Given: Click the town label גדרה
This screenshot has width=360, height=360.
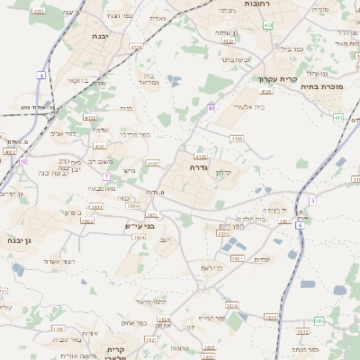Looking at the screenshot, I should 199,166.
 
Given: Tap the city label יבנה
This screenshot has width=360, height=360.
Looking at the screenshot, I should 100,36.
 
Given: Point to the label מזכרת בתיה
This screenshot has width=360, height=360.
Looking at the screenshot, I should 332,88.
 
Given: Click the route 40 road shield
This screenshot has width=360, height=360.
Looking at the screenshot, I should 211,108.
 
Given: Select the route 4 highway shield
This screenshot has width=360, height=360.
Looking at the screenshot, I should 41,76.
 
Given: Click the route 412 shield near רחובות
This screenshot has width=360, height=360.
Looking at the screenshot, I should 268,25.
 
